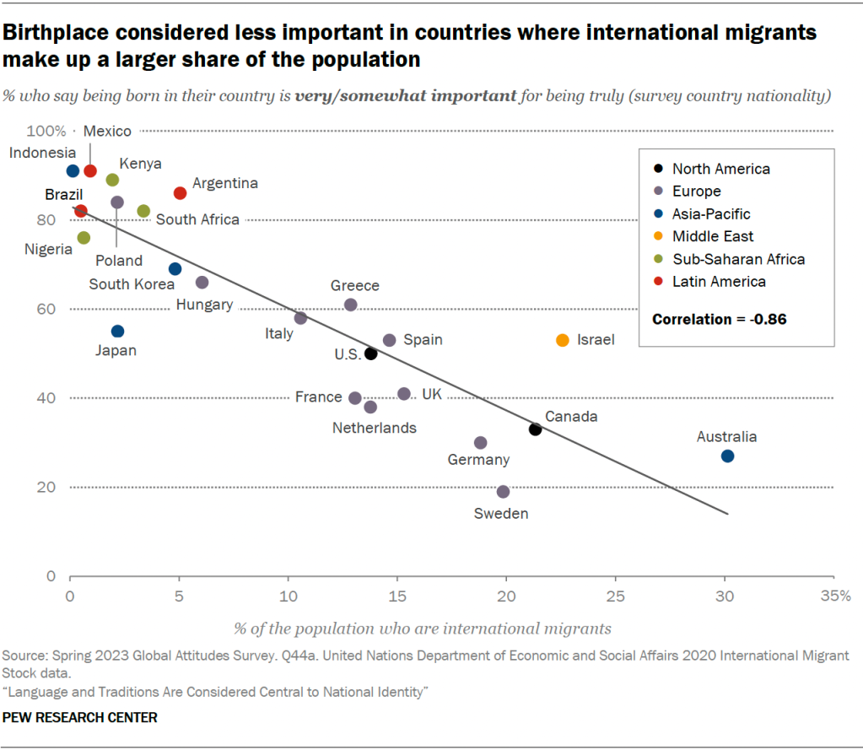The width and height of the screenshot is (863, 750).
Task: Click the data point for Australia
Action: click(727, 456)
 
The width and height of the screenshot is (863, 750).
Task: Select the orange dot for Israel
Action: click(563, 340)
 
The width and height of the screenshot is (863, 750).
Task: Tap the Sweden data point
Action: click(504, 492)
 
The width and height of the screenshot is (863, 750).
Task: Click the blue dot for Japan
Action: click(117, 332)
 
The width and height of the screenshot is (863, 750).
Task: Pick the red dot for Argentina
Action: click(180, 193)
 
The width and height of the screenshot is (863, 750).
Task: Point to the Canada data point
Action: click(535, 429)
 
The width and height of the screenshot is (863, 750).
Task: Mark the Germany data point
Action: click(481, 443)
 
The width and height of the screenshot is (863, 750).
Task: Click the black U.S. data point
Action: click(370, 353)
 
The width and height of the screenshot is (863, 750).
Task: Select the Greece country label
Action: click(355, 286)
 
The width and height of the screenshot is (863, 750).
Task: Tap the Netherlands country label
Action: click(375, 428)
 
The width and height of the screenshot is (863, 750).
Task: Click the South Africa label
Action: click(197, 219)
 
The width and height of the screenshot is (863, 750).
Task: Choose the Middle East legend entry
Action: click(713, 237)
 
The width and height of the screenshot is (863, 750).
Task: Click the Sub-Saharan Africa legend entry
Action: click(738, 259)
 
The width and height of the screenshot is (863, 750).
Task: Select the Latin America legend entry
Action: click(719, 282)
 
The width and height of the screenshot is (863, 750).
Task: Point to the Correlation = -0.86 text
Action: click(720, 320)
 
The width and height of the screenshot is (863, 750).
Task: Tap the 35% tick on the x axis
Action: click(836, 596)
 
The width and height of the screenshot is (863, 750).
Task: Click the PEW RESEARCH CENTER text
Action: click(80, 717)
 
